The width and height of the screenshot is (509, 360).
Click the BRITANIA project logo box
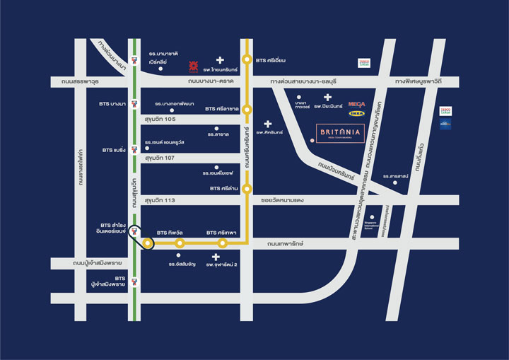[341, 134]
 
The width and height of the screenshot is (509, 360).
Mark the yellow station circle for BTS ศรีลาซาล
[247, 109]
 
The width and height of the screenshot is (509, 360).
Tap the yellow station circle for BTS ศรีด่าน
[247, 189]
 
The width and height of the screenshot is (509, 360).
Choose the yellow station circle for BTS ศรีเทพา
[223, 243]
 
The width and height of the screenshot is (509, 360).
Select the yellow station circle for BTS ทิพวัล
[180, 243]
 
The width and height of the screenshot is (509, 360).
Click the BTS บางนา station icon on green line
[134, 105]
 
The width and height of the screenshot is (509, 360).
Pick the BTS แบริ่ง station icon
[134, 149]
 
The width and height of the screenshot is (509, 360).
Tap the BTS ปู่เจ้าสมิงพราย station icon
[134, 281]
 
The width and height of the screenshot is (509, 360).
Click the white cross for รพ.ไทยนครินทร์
[220, 61]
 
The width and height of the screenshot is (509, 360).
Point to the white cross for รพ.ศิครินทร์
[268, 124]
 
